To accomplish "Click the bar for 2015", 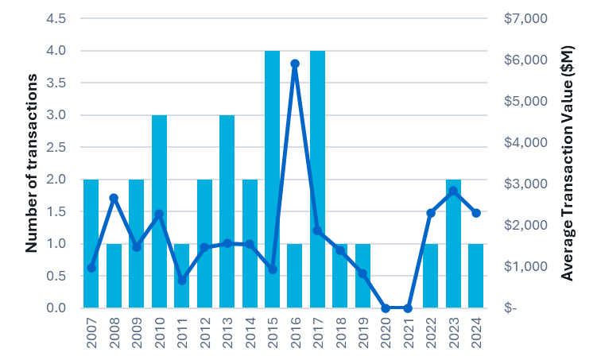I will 272,179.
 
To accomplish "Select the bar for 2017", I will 317,179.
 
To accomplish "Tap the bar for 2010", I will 159,211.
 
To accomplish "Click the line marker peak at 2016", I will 295,64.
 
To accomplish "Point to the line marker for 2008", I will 114,197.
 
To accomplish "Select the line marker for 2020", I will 386,308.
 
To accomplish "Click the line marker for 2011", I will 182,281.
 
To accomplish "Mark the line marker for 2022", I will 431,213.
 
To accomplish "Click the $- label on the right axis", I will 511,308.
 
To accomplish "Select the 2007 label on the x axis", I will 91,334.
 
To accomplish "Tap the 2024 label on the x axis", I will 476,334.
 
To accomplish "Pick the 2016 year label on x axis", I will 295,334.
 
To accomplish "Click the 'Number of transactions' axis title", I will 32,163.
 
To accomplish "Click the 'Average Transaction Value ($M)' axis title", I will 567,163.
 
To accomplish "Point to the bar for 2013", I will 227,211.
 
